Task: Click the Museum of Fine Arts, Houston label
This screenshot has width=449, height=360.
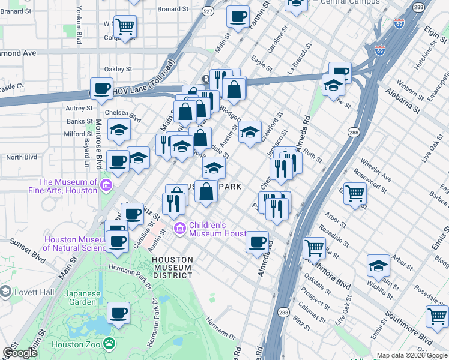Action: (x=68, y=186)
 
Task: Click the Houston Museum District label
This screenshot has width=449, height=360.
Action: (x=172, y=268)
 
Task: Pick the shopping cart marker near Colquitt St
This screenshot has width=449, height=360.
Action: (x=125, y=26)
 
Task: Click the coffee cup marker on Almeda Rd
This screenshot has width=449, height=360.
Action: (x=258, y=242)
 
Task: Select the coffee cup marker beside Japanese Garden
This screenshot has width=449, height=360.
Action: (x=118, y=313)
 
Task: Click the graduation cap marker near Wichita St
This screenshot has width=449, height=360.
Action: (x=379, y=265)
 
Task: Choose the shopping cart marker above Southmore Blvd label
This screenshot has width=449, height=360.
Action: (x=314, y=247)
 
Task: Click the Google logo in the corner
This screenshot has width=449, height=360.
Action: (x=20, y=353)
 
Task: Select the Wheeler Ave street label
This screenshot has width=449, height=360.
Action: (x=376, y=170)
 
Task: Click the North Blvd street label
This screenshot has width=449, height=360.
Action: (x=22, y=157)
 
